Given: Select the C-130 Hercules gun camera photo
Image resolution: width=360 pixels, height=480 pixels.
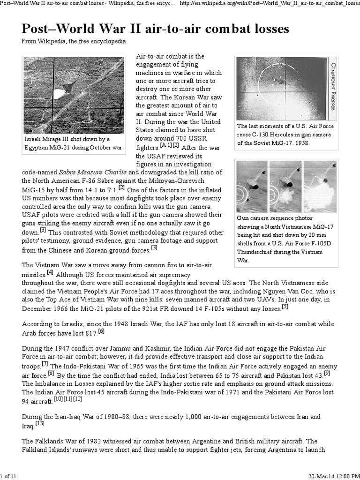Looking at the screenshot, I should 282,88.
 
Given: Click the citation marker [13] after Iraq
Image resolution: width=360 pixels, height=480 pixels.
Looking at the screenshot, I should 39,424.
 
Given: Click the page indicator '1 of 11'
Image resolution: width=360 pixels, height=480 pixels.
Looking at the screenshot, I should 9,476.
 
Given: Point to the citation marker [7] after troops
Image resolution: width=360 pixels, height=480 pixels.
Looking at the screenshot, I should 45,364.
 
